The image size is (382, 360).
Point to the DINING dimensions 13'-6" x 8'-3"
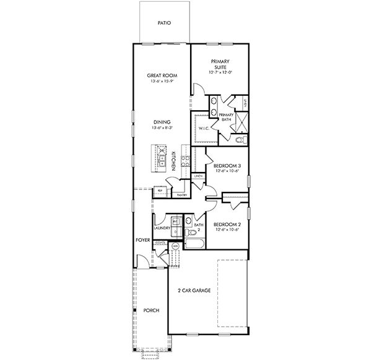pos(162,127)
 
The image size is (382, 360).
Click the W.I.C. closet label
pos(204,129)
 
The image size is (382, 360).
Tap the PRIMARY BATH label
pos(227,117)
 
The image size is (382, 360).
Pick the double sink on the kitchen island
pos(161,162)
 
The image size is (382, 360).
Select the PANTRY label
pos(182,195)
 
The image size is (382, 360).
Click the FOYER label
pos(143,239)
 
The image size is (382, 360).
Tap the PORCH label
pos(151,310)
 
